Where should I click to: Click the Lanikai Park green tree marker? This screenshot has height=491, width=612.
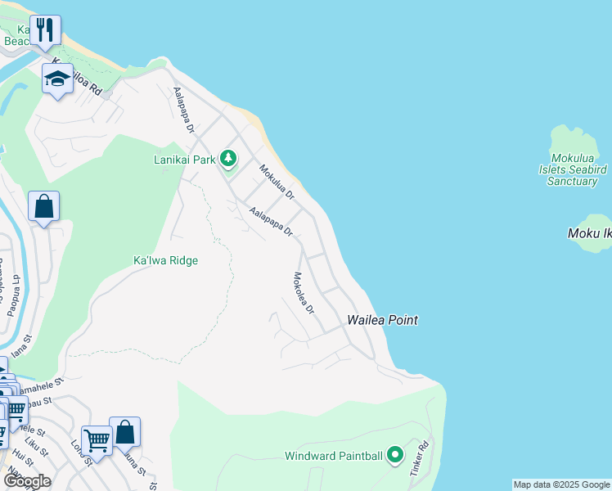[228, 159]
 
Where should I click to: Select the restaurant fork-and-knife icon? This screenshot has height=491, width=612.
[45, 30]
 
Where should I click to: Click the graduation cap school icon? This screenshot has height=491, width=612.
[57, 79]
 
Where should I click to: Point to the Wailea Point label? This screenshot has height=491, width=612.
[383, 320]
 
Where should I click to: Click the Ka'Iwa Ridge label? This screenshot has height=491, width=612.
[166, 260]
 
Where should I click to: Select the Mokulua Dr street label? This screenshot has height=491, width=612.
[277, 182]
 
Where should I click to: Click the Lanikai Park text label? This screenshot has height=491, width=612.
[185, 160]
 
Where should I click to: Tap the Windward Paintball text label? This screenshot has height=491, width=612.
[334, 456]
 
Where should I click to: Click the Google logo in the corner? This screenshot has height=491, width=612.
[27, 481]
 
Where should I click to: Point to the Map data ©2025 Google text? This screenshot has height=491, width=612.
[561, 484]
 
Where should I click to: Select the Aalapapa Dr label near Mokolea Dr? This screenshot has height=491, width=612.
[272, 221]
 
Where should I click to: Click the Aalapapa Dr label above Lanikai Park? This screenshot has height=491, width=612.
[182, 112]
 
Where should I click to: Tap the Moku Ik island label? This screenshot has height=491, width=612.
[589, 234]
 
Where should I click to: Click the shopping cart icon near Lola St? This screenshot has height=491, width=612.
[97, 441]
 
